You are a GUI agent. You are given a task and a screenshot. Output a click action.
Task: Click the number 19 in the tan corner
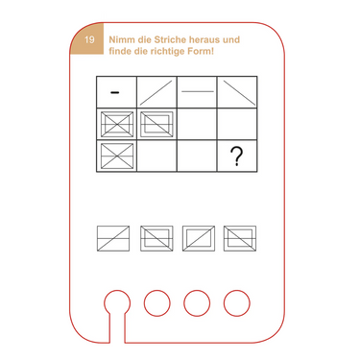coord(89,39)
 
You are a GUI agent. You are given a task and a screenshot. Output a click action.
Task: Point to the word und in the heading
coord(231,39)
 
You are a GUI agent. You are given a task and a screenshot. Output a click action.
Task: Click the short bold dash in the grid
coord(115,92)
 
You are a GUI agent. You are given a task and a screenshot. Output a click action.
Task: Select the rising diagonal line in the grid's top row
coord(156,92)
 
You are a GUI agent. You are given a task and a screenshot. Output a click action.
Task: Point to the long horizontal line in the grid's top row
coord(198,92)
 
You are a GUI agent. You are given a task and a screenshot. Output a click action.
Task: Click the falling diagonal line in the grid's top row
coord(239,92)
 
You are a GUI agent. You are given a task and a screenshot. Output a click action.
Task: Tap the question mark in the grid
coord(237,156)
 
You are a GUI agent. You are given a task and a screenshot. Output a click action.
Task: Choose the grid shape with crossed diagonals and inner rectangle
coord(117,124)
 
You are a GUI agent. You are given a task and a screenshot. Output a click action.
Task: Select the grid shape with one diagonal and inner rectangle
coord(156,124)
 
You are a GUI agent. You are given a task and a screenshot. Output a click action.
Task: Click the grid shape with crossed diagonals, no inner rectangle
coord(117,156)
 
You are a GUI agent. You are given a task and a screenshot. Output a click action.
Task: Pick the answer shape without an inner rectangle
coord(113,238)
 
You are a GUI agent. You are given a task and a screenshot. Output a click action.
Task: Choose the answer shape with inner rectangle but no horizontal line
coord(199,238)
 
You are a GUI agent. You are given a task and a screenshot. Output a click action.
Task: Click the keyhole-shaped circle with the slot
coord(117,302)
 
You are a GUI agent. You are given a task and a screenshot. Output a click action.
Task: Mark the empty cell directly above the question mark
coord(237,124)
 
